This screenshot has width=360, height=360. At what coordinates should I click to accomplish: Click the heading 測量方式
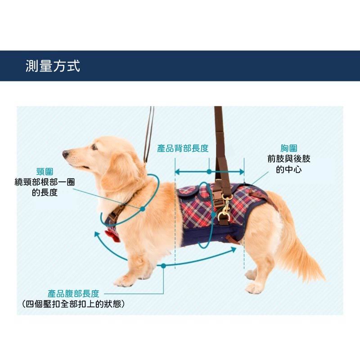coord(53,66)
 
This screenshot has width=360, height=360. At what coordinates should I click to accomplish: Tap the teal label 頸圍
coord(45,171)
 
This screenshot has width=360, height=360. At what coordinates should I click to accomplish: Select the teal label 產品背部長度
coord(183,148)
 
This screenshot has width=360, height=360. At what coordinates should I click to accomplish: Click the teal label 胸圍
coord(289,148)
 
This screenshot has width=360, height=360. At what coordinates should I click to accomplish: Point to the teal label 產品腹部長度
coord(73,293)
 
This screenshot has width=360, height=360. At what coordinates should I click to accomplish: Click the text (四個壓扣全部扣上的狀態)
coord(73,304)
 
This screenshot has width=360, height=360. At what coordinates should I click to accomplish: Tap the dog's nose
coord(65,153)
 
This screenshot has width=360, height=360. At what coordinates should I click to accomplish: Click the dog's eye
coord(94,147)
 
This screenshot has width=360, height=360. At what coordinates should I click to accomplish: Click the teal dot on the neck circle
coord(143,209)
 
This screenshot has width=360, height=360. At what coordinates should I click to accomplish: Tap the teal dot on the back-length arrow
coord(209,171)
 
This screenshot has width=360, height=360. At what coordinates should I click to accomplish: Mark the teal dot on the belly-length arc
coord(163,266)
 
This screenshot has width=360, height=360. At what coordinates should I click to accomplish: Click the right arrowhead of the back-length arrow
coord(242,171)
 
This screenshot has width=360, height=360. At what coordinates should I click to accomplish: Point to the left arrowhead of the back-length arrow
coord(177,171)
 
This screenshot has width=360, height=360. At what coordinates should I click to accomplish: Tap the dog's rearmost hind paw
coord(254,288)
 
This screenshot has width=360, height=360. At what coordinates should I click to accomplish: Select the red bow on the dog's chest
coord(113,236)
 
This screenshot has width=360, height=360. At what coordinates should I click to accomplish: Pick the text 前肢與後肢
coord(289,159)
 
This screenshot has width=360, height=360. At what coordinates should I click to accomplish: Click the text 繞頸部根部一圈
coord(45,182)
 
